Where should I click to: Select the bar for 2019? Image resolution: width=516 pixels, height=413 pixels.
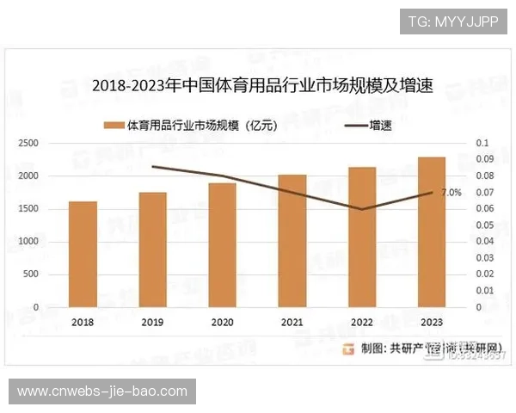point(153,250)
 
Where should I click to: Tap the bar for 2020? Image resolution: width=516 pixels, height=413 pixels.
point(222,244)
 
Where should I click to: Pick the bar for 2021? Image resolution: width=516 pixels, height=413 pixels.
point(292,240)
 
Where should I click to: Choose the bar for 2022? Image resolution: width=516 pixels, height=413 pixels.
point(362,237)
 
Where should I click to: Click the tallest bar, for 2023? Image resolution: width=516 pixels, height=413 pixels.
point(432,231)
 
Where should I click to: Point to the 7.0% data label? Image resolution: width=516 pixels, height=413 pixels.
point(451,193)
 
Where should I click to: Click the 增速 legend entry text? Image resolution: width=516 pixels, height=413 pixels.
point(380,126)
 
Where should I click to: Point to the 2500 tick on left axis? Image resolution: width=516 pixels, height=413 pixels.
point(29,143)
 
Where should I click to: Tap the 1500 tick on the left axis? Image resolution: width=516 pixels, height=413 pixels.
point(29,209)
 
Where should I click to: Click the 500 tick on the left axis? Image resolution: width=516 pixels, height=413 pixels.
point(32,274)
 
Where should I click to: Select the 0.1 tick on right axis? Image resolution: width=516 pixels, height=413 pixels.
point(482,143)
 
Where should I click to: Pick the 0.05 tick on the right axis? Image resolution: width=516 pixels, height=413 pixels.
point(484,225)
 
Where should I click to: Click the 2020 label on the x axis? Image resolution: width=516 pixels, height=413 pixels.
point(222,322)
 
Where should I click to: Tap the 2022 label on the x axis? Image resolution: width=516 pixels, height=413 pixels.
point(362,322)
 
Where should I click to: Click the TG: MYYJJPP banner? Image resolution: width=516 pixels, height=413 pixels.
point(453,22)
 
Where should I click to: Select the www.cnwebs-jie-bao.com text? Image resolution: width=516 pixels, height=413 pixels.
point(102,391)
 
